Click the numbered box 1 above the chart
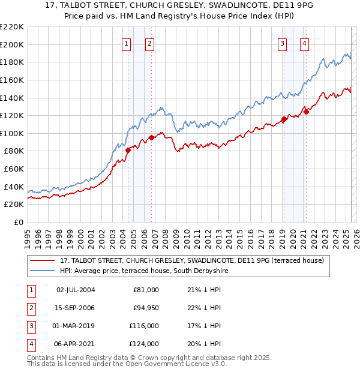pos(127,43)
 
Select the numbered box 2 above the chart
pos(149,43)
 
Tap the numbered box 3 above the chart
pos(282,43)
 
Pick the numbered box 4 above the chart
pos(305,43)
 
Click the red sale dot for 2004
pos(128,151)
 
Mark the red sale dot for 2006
pos(151,138)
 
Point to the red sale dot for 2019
pos(284,119)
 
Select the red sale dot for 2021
pos(306,112)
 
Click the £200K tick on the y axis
pos(12,44)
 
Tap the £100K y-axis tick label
pos(12,133)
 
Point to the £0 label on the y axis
pos(18,223)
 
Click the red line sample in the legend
pos(43,260)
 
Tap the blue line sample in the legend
pos(43,271)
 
